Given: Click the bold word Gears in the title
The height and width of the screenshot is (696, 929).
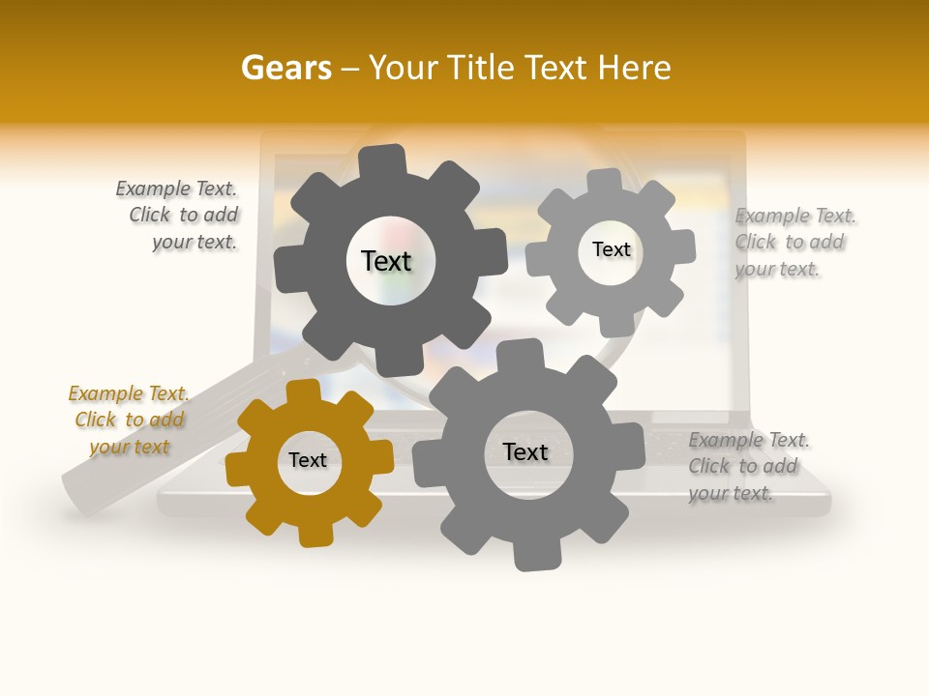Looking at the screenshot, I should pyautogui.click(x=286, y=68).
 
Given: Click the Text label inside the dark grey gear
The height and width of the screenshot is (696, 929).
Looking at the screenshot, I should pyautogui.click(x=386, y=261).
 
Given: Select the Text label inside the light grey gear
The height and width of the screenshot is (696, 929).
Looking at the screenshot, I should pyautogui.click(x=611, y=249).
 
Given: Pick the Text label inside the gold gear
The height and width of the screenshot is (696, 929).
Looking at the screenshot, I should pyautogui.click(x=308, y=460).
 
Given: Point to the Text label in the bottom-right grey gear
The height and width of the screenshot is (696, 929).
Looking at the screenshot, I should pyautogui.click(x=525, y=451).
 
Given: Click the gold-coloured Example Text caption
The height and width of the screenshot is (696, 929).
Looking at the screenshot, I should pyautogui.click(x=129, y=420).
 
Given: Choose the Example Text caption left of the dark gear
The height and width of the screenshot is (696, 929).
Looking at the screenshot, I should pyautogui.click(x=179, y=215).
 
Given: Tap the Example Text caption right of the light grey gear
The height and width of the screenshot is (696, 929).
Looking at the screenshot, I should pyautogui.click(x=794, y=242).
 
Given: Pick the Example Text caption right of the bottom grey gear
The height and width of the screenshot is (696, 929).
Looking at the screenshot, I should pyautogui.click(x=747, y=466).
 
